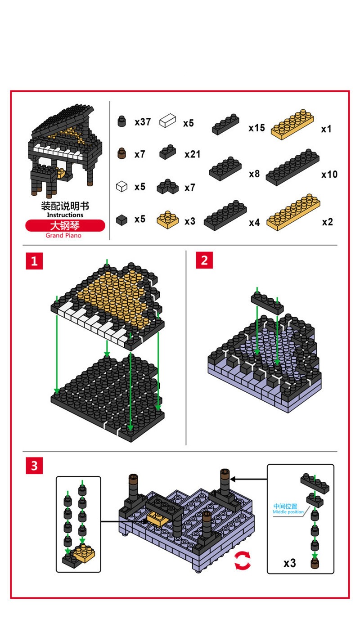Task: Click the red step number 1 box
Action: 34,261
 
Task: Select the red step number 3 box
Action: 34,466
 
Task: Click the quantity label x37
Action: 143,122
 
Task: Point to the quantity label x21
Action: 192,154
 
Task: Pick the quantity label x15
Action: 256,128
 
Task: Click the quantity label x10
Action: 329,174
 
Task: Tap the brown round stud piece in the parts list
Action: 121,154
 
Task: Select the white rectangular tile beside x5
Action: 167,121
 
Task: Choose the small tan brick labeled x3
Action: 166,219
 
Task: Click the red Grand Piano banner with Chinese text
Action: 65,225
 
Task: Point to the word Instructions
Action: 65,215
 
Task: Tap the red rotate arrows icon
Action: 242,561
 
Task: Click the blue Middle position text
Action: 288,509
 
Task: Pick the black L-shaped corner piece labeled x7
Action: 167,187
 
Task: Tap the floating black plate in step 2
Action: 267,302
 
